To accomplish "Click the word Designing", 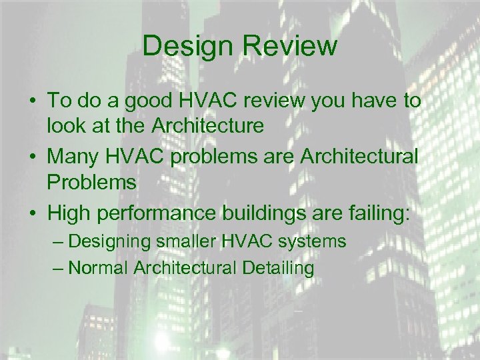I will (x=110, y=241).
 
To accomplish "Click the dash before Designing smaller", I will (x=57, y=241).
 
